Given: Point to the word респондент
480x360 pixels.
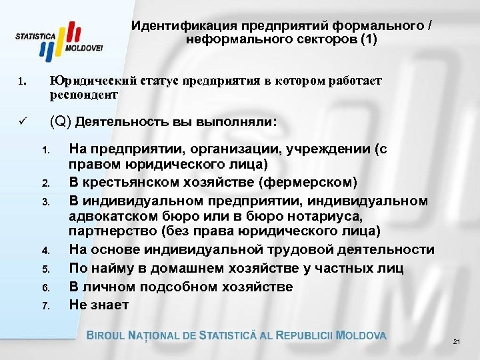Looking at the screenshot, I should (84, 95).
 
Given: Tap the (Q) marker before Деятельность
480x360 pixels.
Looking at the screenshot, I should (61, 123).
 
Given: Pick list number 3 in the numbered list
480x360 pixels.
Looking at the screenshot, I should (45, 199).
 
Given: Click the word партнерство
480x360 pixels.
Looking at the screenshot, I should (109, 231).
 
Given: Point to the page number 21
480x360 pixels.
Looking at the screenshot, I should (457, 342).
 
